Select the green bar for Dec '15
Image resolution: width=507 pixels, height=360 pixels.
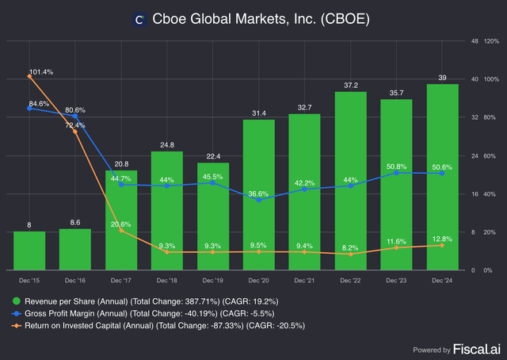[29, 251]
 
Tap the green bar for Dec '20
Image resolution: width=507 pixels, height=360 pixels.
[258, 194]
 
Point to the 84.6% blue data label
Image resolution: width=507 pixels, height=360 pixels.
[39, 104]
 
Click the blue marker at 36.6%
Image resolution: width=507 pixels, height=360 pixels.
[258, 200]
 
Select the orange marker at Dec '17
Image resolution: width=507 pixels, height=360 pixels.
[121, 232]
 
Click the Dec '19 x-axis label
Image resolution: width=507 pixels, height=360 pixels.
[212, 281]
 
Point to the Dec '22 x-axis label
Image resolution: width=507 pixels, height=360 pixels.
[349, 281]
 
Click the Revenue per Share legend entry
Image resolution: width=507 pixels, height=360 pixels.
[151, 301]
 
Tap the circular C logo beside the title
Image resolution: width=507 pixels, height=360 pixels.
[140, 19]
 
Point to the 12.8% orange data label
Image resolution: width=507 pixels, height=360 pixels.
[441, 238]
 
